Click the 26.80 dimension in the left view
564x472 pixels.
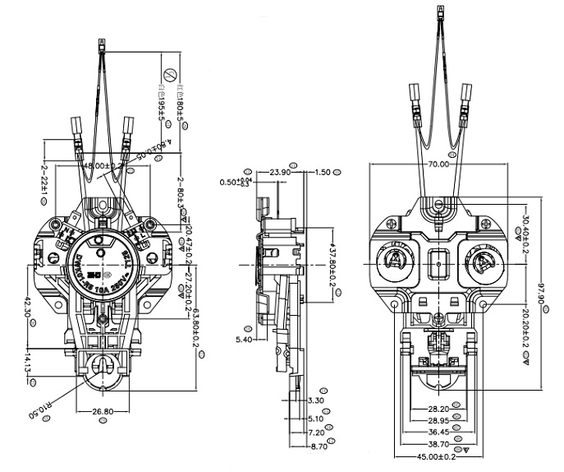103,411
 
